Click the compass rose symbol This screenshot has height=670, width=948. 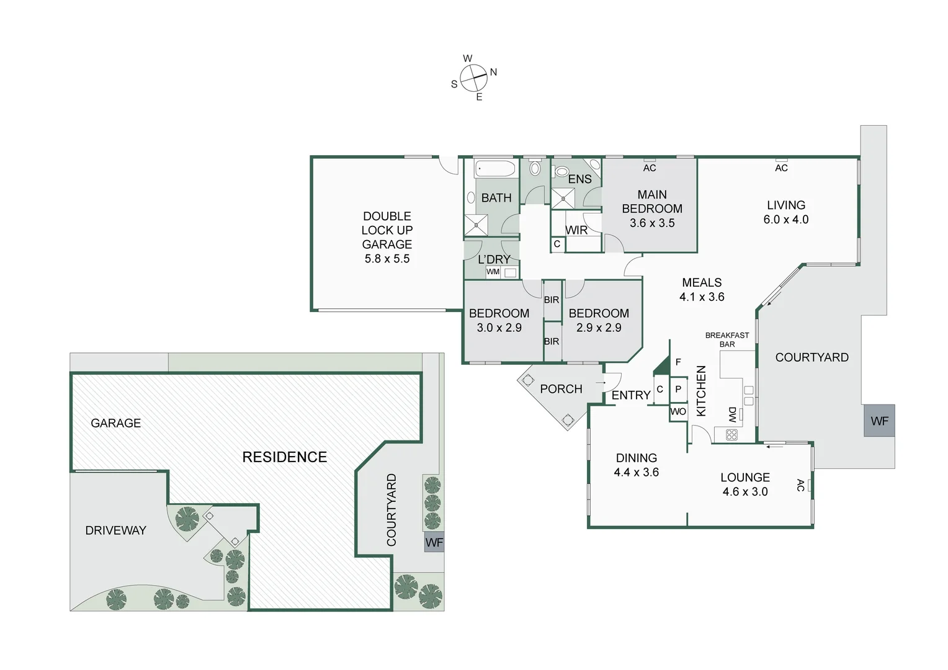coord(473,78)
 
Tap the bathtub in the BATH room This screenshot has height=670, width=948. coord(495,169)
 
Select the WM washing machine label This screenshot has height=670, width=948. coord(493,272)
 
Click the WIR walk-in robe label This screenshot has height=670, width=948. coord(576,230)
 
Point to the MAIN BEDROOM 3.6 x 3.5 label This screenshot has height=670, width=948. coord(652,208)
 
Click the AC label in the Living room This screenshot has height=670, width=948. coord(781,167)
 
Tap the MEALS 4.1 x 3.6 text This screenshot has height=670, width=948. coord(702,290)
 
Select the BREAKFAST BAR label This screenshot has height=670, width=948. coord(727,340)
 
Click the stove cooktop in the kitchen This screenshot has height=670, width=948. coord(731,435)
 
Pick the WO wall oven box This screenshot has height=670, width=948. coord(678,412)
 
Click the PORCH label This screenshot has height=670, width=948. coord(561,389)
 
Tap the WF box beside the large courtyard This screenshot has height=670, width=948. coord(879,421)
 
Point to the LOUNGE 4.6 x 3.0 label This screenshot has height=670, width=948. coord(745,485)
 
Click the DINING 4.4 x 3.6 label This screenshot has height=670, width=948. coord(637,465)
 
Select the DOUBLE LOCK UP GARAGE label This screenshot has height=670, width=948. coord(387,237)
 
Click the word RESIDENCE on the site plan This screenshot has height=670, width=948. coord(284,457)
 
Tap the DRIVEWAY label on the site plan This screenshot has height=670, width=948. coord(115,530)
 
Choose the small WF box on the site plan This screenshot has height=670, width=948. coord(434,543)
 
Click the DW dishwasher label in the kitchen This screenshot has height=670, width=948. coord(732,414)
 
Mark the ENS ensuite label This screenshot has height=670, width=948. coord(579,179)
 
